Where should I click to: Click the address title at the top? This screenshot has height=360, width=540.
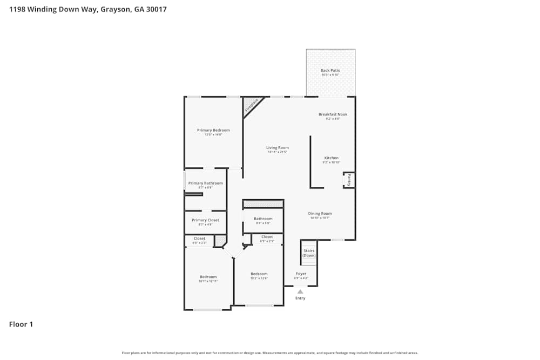coord(87,10)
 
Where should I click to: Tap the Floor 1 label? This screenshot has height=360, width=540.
coord(21,324)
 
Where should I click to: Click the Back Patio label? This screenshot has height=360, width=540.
coord(330,71)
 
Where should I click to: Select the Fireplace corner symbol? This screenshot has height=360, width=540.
coord(251,104)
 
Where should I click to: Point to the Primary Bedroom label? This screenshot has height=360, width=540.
coord(213,130)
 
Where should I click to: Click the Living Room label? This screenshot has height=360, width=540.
coord(278,147)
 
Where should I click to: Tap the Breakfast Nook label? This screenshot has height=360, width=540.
coord(333,114)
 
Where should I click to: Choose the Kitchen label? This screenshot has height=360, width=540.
coord(331,158)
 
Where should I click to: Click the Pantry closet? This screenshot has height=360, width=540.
coord(349,180)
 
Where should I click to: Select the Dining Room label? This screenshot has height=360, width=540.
coord(320,213)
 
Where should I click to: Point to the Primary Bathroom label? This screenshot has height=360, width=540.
coord(205,184)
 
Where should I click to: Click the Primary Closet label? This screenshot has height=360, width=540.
coord(205,220)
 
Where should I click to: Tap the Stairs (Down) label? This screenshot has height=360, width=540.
coord(309,253)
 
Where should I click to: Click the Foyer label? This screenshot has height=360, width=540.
coord(301,274)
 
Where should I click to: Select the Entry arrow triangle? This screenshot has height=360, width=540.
coord(300,291)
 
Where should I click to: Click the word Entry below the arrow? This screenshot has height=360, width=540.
coord(300,298)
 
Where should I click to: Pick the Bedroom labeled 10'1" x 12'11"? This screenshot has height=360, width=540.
coord(208,277)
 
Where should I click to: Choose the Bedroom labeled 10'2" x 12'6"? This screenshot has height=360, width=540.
coord(259,274)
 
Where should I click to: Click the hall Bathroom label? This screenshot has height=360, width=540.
coord(263,219)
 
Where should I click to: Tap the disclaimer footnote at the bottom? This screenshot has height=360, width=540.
coord(270,353)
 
